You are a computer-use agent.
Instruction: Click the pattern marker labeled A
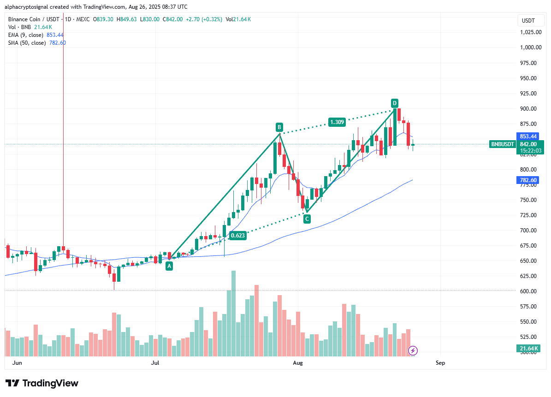coord(169,266)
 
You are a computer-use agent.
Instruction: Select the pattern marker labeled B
coord(279,127)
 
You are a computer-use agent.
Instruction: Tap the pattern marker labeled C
coord(307,219)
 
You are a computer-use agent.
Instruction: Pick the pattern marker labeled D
coord(395,102)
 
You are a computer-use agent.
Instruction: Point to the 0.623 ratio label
coord(238,236)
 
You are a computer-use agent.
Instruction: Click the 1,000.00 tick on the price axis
coord(531,47)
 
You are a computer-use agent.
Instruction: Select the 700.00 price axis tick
coord(531,231)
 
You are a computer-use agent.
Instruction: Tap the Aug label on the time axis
coord(298,363)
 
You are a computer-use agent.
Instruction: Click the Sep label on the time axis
coord(440,363)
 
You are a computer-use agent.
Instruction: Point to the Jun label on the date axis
coord(17,363)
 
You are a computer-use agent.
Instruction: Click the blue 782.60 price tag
coord(528,180)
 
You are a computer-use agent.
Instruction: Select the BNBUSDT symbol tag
coord(502,144)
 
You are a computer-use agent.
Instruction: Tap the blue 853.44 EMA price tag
coord(528,136)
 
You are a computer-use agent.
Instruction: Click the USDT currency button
coord(528,21)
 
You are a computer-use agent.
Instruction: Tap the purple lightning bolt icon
coord(413,351)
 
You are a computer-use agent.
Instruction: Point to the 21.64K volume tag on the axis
coord(528,349)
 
